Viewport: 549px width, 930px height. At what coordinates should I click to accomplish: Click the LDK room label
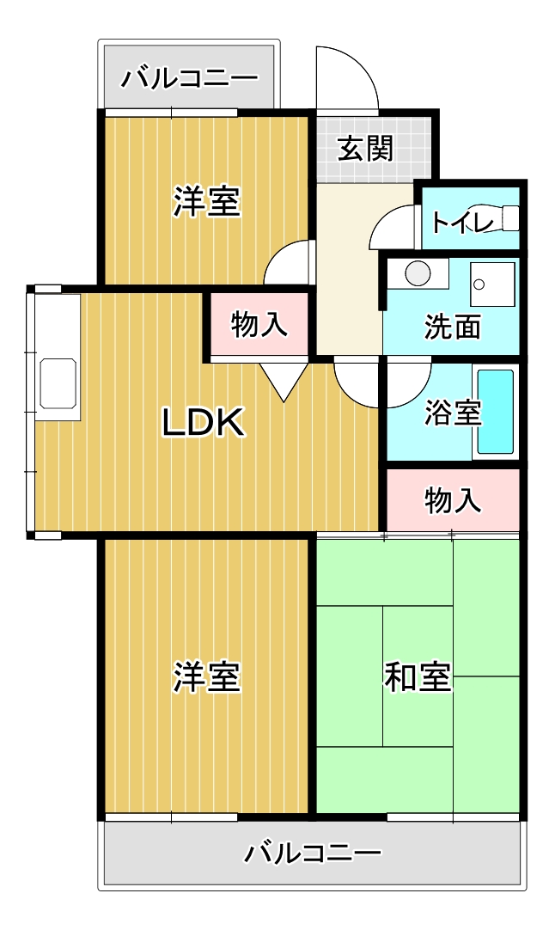[x=204, y=422]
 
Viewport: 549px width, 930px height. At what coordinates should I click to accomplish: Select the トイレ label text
[x=462, y=222]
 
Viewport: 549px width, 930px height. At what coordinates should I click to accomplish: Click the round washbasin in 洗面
[x=418, y=273]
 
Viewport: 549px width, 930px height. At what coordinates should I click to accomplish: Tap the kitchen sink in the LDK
[x=58, y=383]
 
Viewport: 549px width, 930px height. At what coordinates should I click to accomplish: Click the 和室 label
[x=418, y=676]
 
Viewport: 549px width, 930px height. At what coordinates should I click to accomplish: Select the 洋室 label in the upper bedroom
[x=206, y=201]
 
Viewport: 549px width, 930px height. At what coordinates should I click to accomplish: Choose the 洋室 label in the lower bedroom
[x=206, y=676]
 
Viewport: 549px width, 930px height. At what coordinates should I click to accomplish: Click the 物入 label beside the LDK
[x=259, y=324]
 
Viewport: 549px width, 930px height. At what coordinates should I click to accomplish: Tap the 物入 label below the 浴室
[x=453, y=500]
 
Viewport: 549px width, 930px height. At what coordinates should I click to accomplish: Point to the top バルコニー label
[x=190, y=78]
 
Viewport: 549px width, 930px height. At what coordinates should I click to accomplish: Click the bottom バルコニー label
[x=313, y=853]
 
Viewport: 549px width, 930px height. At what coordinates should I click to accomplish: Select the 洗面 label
[x=453, y=326]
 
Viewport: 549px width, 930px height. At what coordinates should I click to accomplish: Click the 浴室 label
[x=453, y=413]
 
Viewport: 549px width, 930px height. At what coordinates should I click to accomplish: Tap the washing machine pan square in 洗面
[x=492, y=285]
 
